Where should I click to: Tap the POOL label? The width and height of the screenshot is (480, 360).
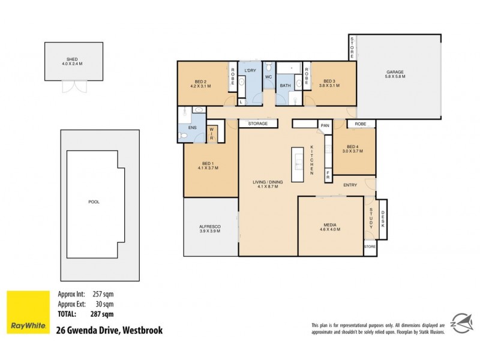click(x=94, y=202)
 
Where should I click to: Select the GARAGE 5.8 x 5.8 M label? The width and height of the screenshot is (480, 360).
click(x=395, y=74)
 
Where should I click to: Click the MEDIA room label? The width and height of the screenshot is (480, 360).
click(x=330, y=226)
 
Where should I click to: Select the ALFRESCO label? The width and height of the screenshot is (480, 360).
click(x=210, y=228)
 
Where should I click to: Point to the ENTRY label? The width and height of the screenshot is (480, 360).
click(x=350, y=185)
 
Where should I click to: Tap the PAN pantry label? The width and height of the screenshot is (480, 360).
click(x=325, y=125)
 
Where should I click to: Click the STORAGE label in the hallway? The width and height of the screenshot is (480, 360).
click(x=258, y=124)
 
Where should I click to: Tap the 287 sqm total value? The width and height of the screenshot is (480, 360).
click(x=102, y=313)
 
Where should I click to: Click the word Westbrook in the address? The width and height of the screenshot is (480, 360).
click(x=142, y=330)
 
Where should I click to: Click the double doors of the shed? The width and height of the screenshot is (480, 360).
click(x=75, y=86)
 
